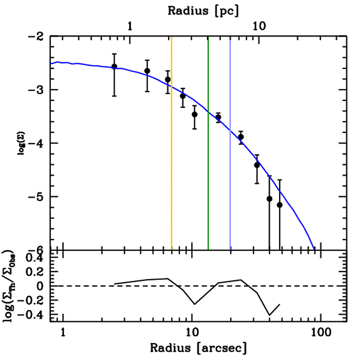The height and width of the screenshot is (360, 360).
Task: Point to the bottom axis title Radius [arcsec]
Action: point(198,348)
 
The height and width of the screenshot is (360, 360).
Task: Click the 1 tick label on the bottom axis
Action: point(63,332)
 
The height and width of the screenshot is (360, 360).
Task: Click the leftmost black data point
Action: point(114,66)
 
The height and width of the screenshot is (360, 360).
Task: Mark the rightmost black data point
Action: point(279,205)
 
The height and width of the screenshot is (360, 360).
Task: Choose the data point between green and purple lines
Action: point(218,117)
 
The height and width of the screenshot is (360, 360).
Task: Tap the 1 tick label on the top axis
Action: point(130,26)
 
